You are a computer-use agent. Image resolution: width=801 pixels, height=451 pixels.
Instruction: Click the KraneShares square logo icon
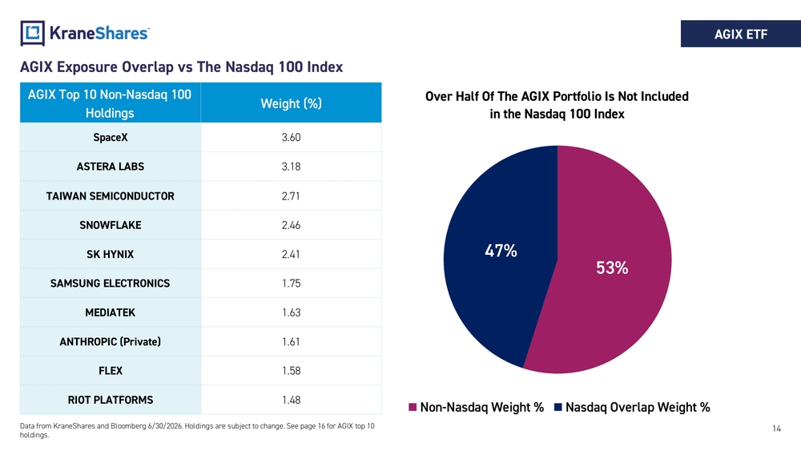[x=32, y=33]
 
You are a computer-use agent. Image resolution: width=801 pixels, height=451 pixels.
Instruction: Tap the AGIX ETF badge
[x=741, y=34]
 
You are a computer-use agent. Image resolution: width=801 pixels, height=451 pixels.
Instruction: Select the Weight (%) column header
[x=292, y=103]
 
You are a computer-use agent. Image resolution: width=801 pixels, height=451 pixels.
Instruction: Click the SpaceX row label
[x=111, y=138]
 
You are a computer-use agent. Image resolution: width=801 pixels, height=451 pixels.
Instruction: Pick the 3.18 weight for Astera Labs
[x=292, y=167]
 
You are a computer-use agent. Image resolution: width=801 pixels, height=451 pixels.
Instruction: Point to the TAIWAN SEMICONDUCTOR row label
[x=111, y=196]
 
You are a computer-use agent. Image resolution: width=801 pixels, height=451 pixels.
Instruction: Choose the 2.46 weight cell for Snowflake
[x=292, y=225]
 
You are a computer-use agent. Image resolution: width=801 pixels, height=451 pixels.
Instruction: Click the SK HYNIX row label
[x=111, y=255]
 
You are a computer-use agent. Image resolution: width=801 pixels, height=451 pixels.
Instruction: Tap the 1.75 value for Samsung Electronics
[x=292, y=284]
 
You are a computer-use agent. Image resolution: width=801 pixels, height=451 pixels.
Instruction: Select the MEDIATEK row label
[x=111, y=312]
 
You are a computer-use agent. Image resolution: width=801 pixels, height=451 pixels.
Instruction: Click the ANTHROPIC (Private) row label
[x=111, y=342]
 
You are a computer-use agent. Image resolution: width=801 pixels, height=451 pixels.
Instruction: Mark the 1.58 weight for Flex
[x=292, y=371]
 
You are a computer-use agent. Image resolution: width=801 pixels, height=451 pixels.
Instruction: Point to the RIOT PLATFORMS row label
[x=111, y=400]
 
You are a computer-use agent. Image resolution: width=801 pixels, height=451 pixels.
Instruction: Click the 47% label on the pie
[x=501, y=251]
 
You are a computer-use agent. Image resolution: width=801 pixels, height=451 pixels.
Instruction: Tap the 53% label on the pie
[x=612, y=268]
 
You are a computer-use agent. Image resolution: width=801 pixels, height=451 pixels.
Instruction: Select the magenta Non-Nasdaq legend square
[x=413, y=407]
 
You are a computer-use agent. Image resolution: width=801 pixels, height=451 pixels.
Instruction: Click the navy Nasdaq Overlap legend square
[x=558, y=407]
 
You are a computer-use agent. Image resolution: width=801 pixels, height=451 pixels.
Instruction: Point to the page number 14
[x=776, y=429]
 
